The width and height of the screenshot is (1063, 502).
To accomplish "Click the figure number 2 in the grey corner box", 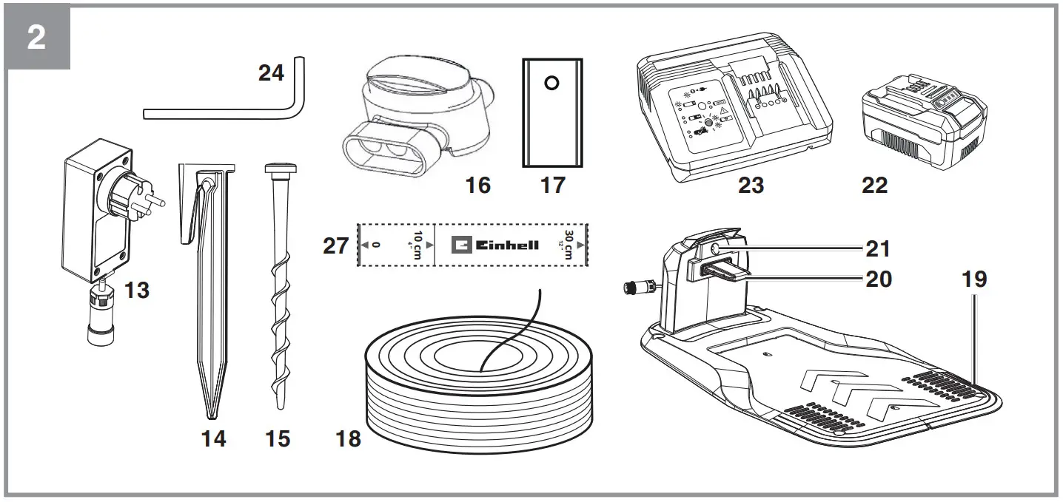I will (36, 38).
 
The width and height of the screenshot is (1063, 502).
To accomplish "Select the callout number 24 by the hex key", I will (271, 72).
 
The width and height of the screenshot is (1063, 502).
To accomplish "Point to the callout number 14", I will (213, 438).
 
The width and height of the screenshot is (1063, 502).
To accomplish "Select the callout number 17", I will (552, 185).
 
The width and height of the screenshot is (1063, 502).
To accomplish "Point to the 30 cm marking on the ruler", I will (567, 245).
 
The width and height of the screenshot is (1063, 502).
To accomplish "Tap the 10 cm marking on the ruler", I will (417, 245).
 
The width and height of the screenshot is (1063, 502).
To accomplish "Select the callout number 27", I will (336, 245).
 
